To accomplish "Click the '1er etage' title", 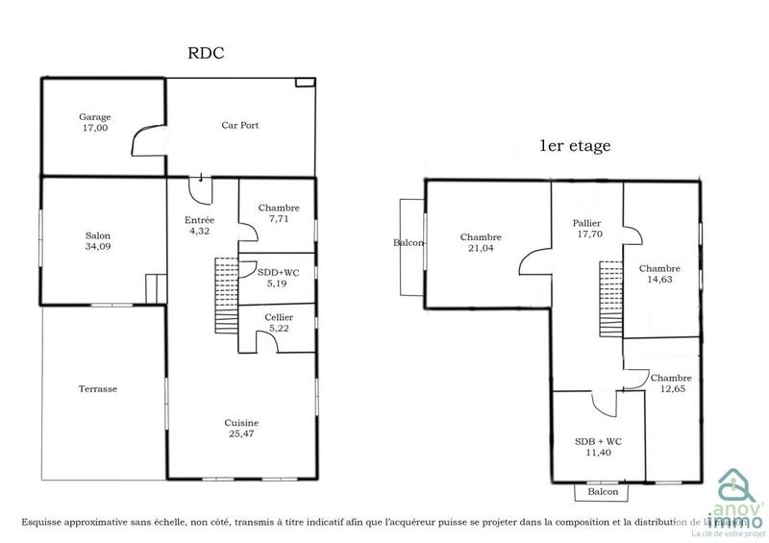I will pos(574,147).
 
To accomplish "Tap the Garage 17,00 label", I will pos(95,122).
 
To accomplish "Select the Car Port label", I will pos(239,125).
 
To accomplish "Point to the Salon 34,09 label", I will pos(97,241).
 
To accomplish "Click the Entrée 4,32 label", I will pos(199,225).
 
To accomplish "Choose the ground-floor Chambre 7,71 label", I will pos(279,213).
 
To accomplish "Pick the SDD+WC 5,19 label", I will pos(279,278).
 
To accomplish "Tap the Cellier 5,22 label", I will pos(279,323).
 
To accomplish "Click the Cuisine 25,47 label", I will pos(241,428).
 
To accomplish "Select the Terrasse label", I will pos(98,389).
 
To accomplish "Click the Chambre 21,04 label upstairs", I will pos(481,243).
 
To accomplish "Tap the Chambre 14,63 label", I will pos(659,274).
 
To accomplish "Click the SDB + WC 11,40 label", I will pos(598,447).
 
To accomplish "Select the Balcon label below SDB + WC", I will pos(602,492).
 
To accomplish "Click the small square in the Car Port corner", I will pos(305,84).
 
